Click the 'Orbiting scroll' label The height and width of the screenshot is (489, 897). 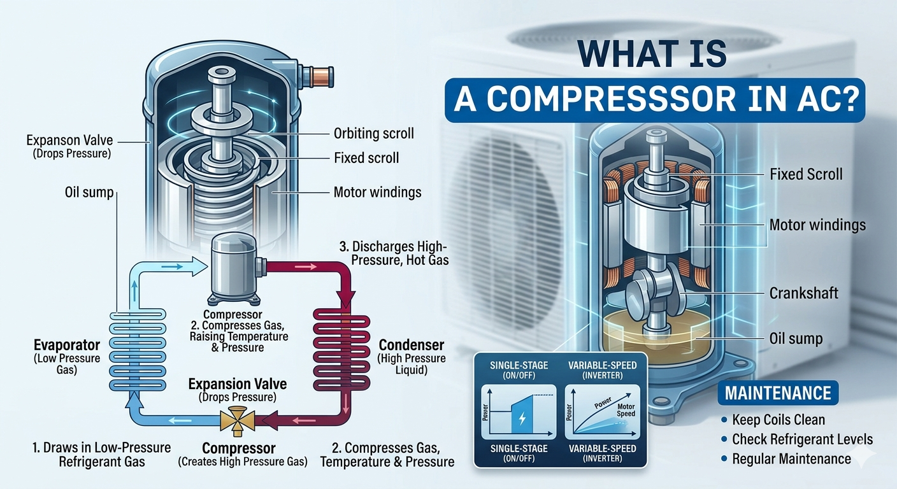[373, 134]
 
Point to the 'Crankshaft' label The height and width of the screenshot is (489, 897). [804, 293]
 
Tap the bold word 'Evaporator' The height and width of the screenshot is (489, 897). [67, 345]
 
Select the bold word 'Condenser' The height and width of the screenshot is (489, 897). [412, 345]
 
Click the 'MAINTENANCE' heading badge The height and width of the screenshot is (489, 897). [779, 393]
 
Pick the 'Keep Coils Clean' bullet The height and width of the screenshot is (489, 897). [779, 420]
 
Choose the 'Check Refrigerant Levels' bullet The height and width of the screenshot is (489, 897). [802, 439]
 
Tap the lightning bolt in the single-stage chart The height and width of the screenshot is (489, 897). [522, 419]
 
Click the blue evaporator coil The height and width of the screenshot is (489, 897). [139, 350]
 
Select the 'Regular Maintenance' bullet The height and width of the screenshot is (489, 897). [791, 459]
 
